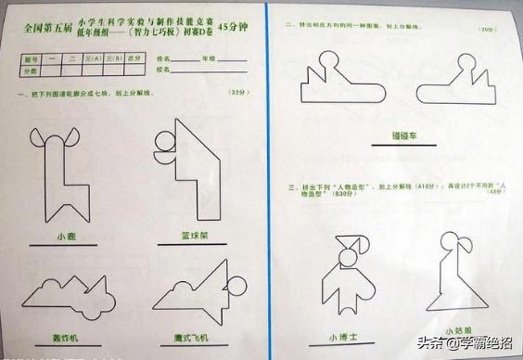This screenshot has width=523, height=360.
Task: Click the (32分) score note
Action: pos(238,93)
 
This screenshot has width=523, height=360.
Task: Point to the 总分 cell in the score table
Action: pos(134,58)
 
